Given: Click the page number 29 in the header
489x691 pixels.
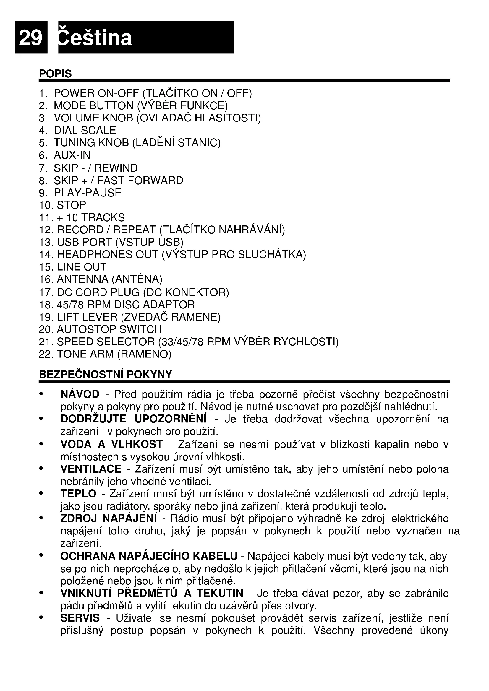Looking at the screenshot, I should (30, 38).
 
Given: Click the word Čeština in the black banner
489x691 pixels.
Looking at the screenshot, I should (95, 38).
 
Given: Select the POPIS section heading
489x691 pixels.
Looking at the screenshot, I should (55, 74).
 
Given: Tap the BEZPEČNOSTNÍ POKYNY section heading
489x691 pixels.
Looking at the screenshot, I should (105, 374).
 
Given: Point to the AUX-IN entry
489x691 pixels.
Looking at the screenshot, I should (72, 155).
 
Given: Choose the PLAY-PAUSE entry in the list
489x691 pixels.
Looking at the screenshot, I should (87, 193).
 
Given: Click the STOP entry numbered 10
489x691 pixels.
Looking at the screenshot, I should (71, 205).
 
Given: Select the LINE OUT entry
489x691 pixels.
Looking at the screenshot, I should (81, 267).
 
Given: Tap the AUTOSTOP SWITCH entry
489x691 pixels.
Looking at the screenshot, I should (109, 329).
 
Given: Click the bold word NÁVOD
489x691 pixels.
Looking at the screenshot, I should (80, 394).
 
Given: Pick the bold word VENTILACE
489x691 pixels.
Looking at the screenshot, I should (91, 469).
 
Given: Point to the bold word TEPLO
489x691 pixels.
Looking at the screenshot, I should (78, 494).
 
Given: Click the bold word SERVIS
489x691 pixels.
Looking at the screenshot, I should (80, 618).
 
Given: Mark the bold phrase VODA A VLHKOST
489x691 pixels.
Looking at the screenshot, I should (111, 444).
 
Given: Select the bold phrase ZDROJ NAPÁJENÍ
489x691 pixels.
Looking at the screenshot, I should (109, 518).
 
